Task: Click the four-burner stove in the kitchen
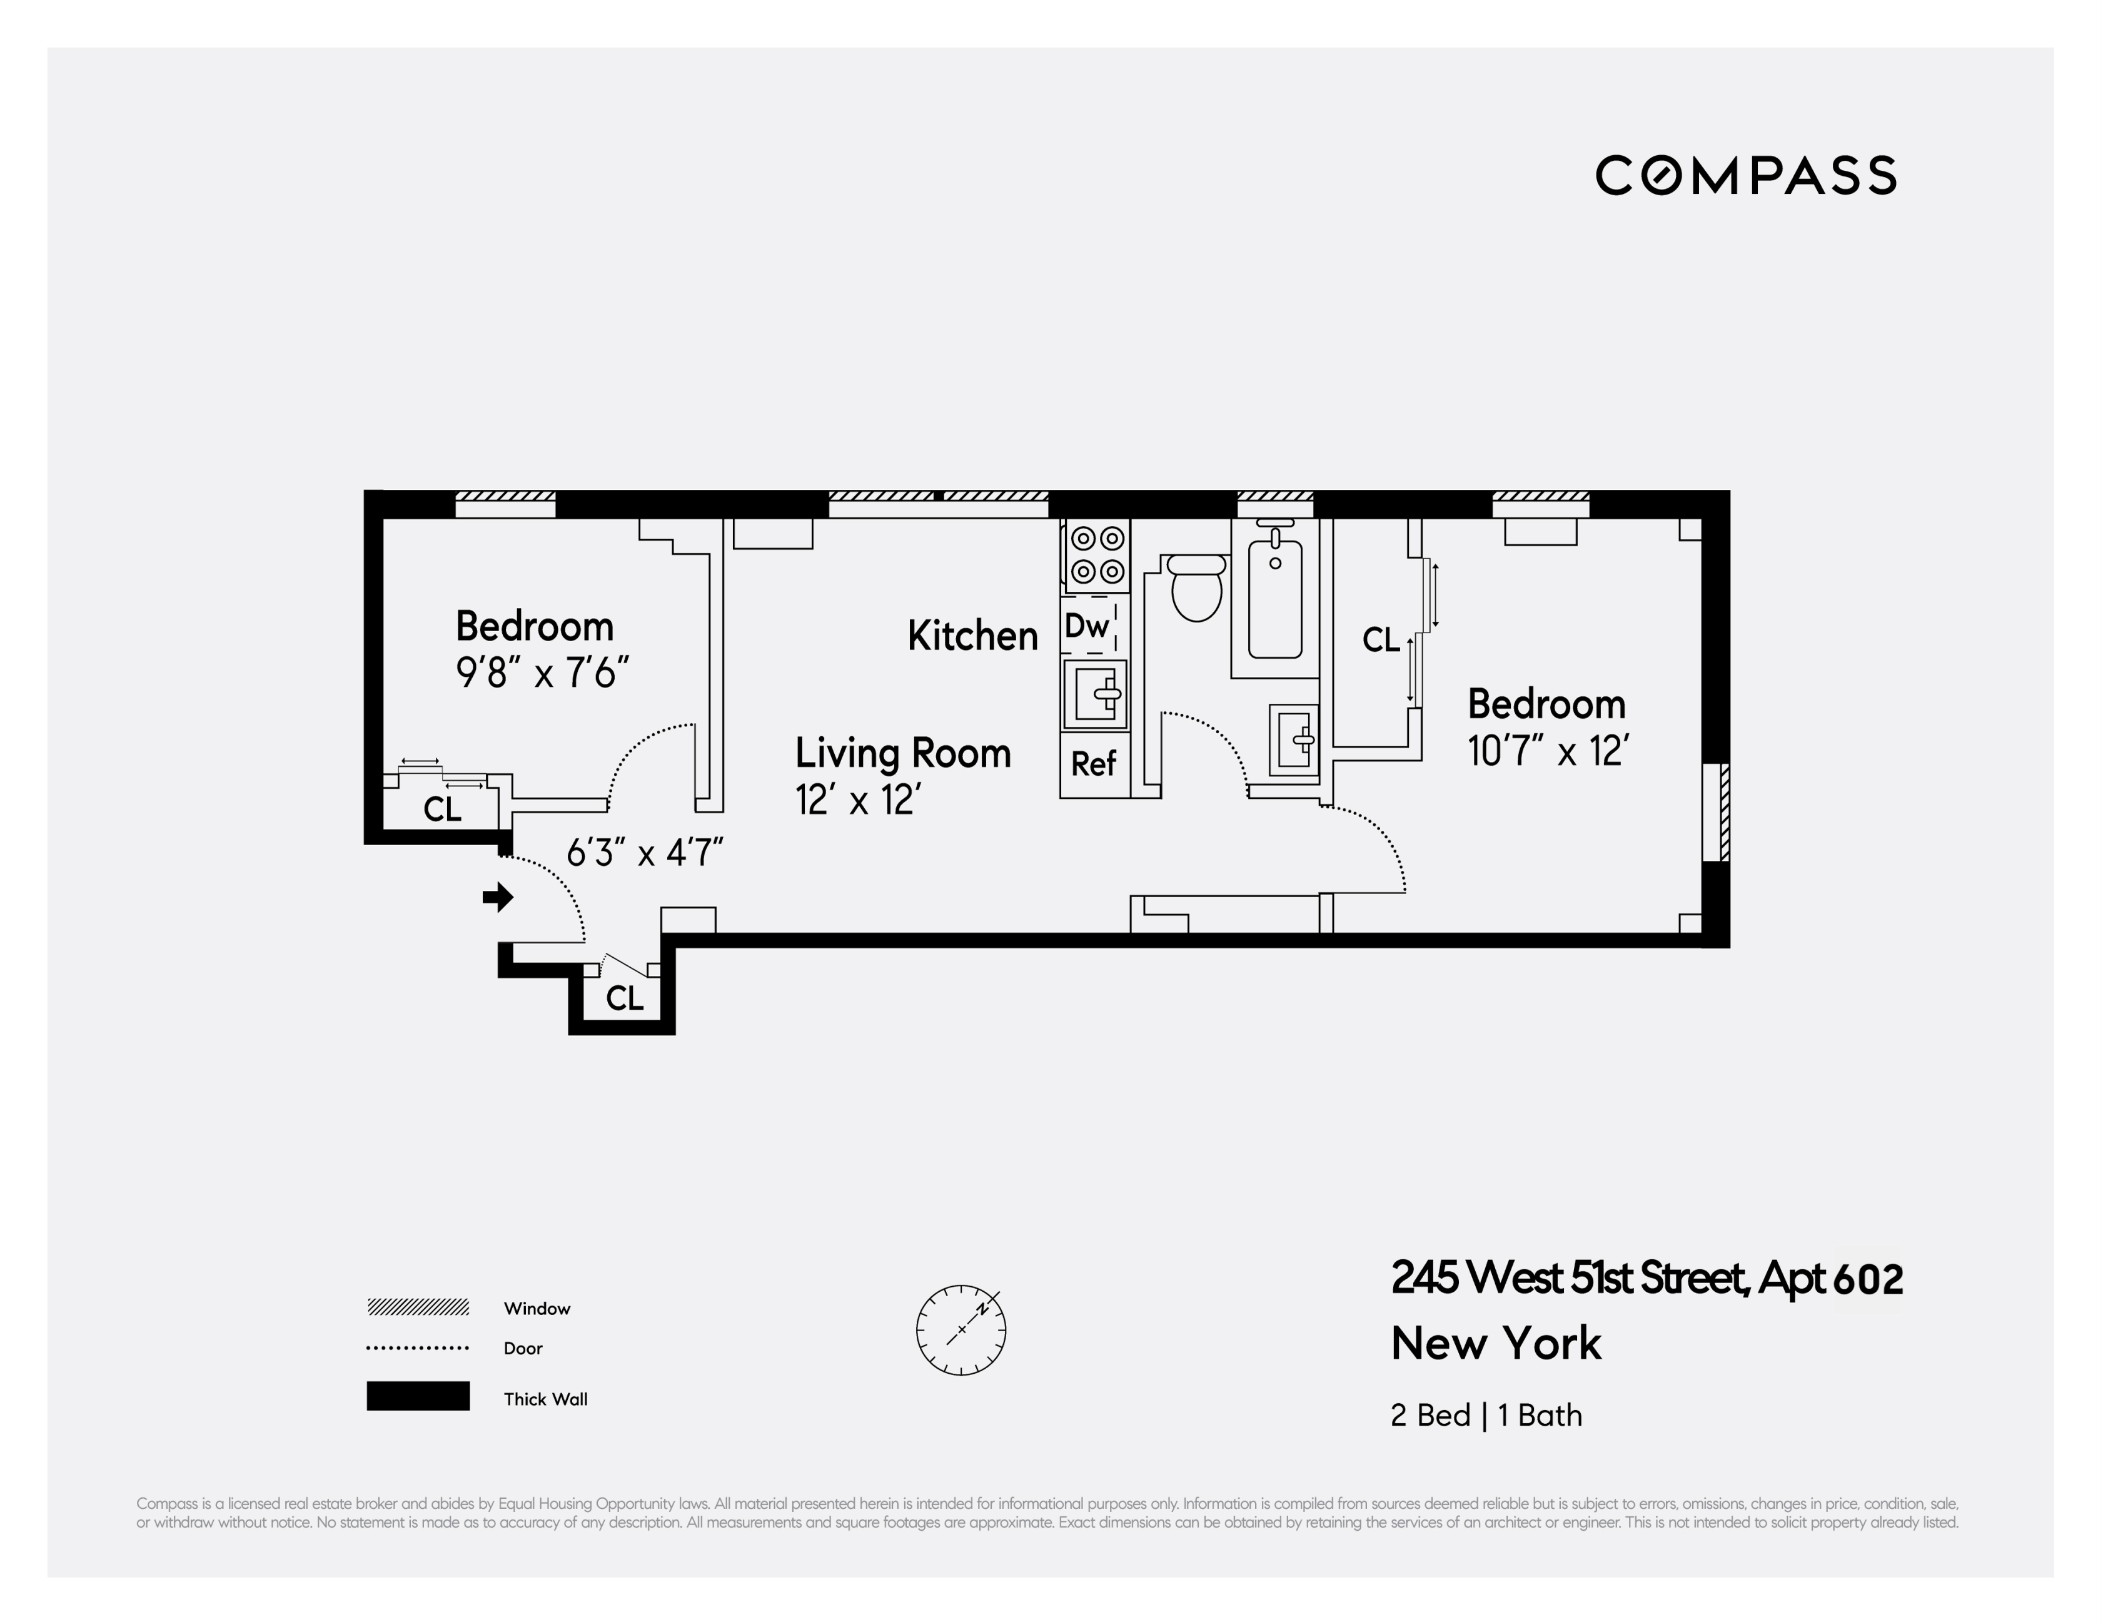[x=1097, y=556]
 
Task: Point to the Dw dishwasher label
[x=1087, y=626]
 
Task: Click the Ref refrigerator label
[x=1093, y=764]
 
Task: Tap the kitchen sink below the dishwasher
[x=1096, y=694]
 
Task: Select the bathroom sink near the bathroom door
[x=1293, y=740]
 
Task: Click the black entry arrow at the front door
[x=498, y=898]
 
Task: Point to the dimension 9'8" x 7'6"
[x=542, y=673]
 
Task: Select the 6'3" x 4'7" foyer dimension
[x=644, y=853]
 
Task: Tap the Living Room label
[x=902, y=753]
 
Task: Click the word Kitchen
[x=972, y=636]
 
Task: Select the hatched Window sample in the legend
[x=418, y=1307]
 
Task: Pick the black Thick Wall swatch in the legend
[x=418, y=1396]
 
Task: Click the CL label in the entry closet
[x=624, y=998]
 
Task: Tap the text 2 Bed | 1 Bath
[x=1486, y=1415]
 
